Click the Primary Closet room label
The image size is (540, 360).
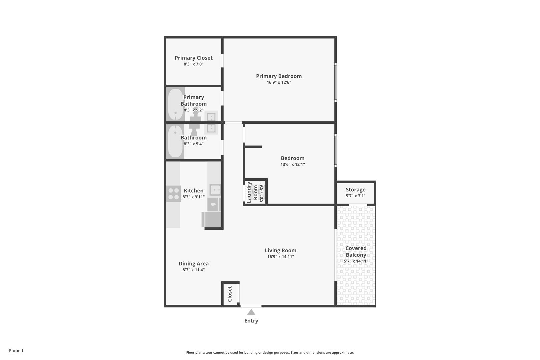(x=193, y=58)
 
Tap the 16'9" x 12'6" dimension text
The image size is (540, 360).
(x=279, y=82)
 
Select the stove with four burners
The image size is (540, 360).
(x=173, y=194)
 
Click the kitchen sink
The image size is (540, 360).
(x=215, y=190)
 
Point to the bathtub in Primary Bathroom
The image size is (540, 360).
(x=175, y=104)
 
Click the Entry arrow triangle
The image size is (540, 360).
(x=251, y=312)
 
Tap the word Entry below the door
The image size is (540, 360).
(x=251, y=321)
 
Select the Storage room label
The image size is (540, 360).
(x=355, y=190)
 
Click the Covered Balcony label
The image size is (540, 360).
(x=356, y=251)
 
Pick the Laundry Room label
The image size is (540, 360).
(x=252, y=192)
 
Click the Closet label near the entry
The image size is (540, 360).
(x=230, y=294)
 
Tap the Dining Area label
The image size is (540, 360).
(x=193, y=263)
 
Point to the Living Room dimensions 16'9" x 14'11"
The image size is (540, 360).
(x=280, y=257)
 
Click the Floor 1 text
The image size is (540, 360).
(x=16, y=351)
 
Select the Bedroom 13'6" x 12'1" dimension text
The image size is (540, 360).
(x=292, y=164)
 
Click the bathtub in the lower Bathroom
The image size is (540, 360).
(x=175, y=141)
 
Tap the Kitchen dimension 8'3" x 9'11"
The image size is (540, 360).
(x=193, y=197)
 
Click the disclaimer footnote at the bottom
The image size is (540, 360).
(x=270, y=352)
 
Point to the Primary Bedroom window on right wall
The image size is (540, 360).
(x=336, y=82)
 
